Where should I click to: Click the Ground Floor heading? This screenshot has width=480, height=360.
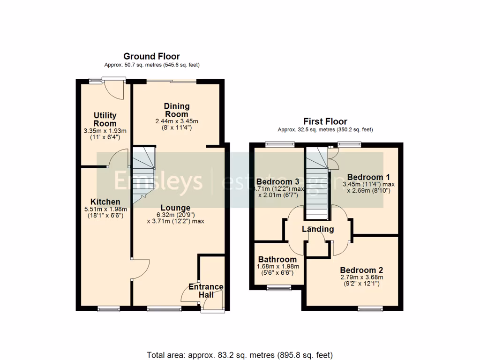coord(151,57)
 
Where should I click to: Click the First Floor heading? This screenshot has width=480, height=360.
coord(325,121)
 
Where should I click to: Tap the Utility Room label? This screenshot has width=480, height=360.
coord(105,120)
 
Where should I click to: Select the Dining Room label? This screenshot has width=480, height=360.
coord(176,110)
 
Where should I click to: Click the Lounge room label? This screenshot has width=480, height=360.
coord(175,208)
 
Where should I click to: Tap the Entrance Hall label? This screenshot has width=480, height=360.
coord(206,291)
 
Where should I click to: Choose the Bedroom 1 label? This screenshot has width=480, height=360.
coord(368,177)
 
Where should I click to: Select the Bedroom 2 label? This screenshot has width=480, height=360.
coord(361,270)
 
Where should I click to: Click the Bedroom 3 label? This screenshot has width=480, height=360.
coord(278,182)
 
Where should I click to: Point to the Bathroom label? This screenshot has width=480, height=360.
coord(277,259)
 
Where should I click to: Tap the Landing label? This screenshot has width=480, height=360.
coord(318,229)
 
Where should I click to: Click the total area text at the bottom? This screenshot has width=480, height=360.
coord(240,354)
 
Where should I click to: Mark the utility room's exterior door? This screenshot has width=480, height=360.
coord(114,89)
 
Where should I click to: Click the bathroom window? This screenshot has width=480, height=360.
coord(278,288)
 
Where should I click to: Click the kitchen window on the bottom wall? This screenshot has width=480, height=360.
coord(108,308)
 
